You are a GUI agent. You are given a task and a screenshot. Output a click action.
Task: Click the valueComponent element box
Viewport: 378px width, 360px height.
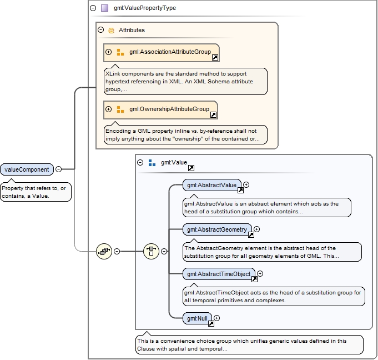(27, 169)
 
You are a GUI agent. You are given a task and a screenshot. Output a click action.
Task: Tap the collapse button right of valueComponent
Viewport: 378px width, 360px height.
(58, 169)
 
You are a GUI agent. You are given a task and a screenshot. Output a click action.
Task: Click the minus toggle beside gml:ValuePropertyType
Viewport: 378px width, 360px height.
(93, 8)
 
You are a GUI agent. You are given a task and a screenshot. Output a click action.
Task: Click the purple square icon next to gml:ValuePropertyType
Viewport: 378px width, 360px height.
(104, 8)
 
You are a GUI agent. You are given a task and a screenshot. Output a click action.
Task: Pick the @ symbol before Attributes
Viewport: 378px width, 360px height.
(111, 30)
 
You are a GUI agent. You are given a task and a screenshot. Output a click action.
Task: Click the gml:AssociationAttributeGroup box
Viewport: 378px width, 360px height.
(162, 52)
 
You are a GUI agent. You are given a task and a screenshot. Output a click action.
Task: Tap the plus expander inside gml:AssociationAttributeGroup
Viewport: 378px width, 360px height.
(109, 52)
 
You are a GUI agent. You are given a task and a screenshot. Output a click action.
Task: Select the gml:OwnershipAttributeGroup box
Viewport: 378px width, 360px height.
(160, 109)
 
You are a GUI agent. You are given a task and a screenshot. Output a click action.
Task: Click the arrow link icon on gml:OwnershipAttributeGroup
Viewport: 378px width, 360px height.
(213, 115)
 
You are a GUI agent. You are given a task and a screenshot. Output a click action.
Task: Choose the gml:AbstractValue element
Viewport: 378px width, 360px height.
(211, 185)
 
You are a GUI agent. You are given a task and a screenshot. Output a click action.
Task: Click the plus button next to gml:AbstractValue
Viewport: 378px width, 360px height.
(246, 185)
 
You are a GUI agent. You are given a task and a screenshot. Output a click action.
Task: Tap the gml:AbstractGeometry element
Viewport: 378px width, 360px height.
(216, 229)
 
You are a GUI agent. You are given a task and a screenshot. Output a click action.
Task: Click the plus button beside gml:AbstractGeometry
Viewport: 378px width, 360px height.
(256, 229)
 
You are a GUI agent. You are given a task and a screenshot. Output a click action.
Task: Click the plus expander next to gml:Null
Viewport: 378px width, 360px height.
(217, 318)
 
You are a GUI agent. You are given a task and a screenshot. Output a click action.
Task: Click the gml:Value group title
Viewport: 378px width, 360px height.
(174, 163)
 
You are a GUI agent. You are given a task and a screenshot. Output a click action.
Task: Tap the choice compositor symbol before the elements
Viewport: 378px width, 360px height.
(151, 251)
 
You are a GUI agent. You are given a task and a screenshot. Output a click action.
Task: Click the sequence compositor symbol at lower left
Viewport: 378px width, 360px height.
(104, 251)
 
